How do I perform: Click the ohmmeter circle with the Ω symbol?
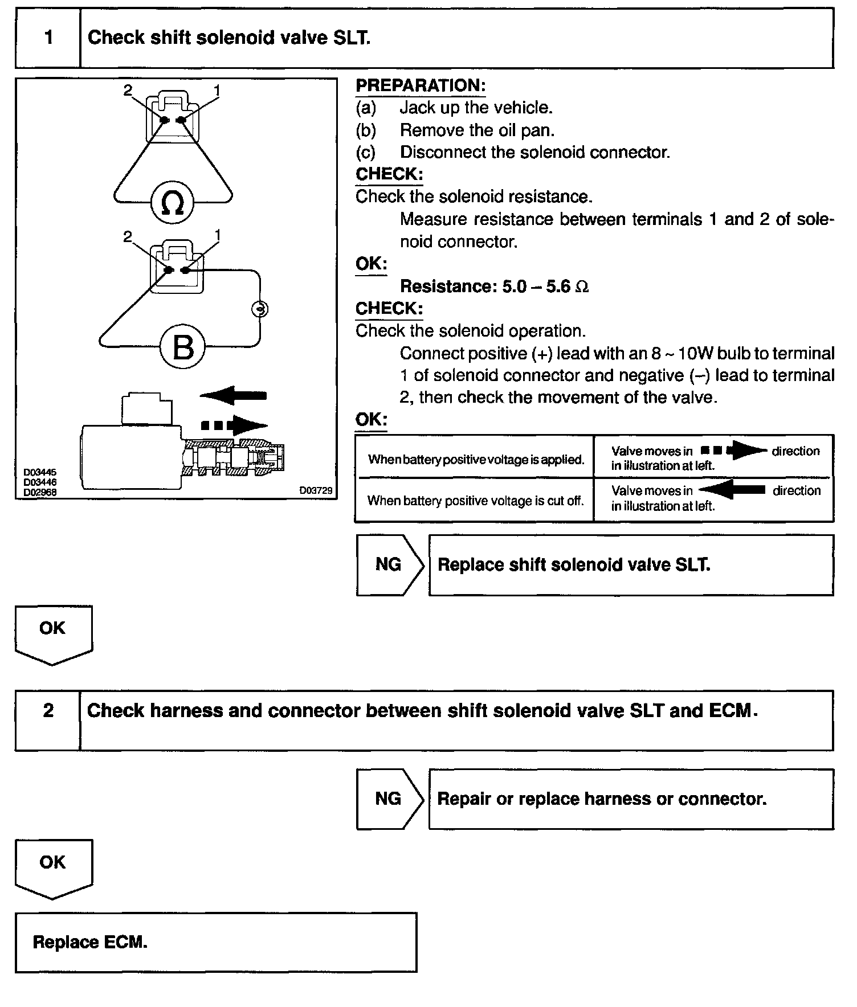pos(173,203)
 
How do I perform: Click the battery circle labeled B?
pos(182,347)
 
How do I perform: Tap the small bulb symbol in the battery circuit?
pos(260,309)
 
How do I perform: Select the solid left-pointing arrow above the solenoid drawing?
pos(234,395)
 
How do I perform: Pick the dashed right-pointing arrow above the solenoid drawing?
pos(234,425)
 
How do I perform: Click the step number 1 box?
pos(48,38)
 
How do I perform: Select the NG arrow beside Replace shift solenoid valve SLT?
pos(390,565)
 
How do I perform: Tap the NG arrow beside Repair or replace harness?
pos(390,799)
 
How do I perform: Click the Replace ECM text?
pos(90,942)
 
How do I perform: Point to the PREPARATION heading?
pos(421,86)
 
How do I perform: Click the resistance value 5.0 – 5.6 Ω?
pos(545,286)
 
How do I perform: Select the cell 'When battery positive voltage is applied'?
pos(476,459)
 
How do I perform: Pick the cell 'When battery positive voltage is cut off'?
pos(476,501)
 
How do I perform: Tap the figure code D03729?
pos(316,490)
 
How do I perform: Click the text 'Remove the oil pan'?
pos(477,130)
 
